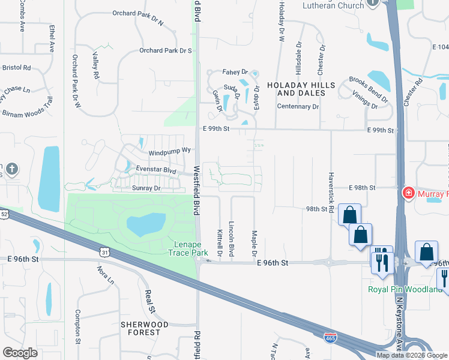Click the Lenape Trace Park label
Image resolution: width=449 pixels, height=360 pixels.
coord(191,248)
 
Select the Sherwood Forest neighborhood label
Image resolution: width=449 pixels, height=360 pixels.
coord(144,328)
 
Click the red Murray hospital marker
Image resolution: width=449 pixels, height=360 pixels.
coord(408,193)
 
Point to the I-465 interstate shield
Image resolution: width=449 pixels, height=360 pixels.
coord(330,338)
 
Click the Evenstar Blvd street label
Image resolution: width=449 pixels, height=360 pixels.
coord(155,170)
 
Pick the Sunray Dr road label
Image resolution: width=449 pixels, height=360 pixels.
coord(146,188)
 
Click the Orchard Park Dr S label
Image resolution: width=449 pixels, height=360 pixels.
coord(165,51)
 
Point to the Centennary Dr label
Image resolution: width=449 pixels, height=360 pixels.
coord(298,106)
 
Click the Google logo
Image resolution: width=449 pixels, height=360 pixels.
coord(20,353)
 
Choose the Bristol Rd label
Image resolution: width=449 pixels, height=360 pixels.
coord(16,68)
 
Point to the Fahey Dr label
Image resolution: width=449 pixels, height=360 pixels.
coord(235,71)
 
